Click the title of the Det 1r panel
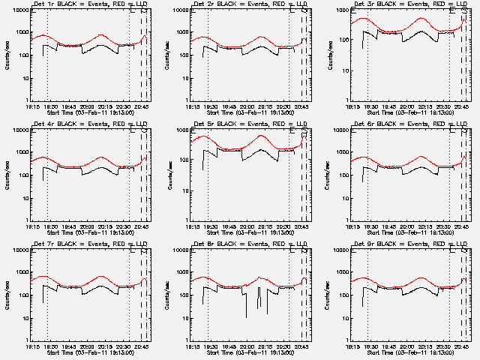[x=89, y=5]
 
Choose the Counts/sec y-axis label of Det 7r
[x=8, y=295]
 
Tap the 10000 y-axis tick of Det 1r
[x=18, y=11]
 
